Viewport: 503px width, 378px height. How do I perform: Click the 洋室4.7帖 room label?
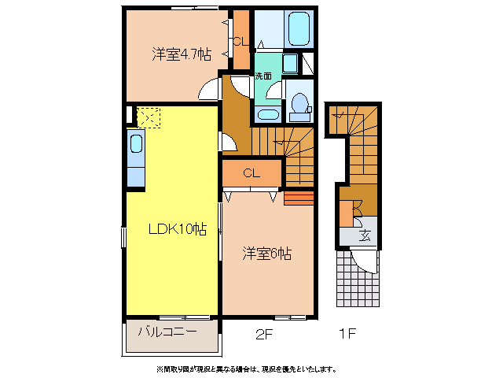[x=182, y=55]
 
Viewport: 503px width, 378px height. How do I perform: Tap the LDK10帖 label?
[x=178, y=229]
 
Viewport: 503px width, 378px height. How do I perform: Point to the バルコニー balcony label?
[x=167, y=332]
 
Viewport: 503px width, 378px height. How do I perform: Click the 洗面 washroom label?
[x=263, y=76]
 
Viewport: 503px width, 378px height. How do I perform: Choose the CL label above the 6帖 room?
[x=251, y=172]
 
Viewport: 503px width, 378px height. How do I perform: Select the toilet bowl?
[x=299, y=103]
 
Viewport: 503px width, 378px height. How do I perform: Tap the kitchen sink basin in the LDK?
[x=136, y=145]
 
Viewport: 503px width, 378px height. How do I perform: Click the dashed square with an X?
[x=148, y=117]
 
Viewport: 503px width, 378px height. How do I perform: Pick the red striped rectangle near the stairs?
[x=299, y=197]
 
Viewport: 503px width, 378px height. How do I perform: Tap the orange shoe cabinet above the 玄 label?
[x=347, y=213]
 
